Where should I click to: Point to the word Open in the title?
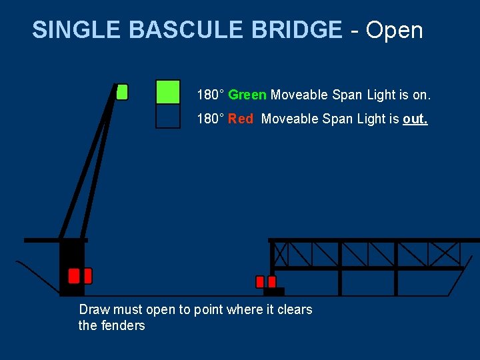[395, 30]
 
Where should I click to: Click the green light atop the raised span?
[122, 92]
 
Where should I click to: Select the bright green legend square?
[167, 92]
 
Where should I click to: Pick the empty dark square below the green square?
[167, 116]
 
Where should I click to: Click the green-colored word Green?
[247, 95]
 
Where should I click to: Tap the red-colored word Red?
[241, 119]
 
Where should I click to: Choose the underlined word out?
[415, 119]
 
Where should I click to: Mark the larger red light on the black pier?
[74, 276]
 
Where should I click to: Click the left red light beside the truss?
[260, 282]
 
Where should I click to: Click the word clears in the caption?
[296, 309]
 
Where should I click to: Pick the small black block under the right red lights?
[274, 291]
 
